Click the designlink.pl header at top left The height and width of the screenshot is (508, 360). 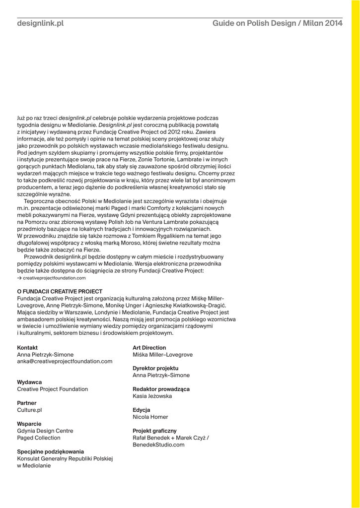click(x=40, y=23)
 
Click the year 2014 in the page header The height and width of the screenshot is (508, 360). click(x=334, y=23)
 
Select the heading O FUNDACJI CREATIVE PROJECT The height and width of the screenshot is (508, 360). click(x=60, y=291)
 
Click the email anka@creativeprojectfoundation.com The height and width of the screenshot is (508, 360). click(x=65, y=362)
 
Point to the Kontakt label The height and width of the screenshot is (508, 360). click(x=27, y=348)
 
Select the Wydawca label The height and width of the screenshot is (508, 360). click(x=29, y=382)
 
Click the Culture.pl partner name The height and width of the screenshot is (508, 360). click(x=29, y=410)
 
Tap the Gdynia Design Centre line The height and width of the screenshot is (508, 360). click(x=45, y=431)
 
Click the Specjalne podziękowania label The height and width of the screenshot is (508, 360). click(x=51, y=452)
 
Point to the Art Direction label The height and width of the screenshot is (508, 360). click(x=149, y=348)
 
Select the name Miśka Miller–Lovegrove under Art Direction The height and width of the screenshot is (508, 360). click(x=163, y=355)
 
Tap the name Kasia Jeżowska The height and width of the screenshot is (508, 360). click(x=152, y=396)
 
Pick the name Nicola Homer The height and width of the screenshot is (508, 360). click(x=150, y=417)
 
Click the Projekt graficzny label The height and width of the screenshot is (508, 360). click(x=154, y=431)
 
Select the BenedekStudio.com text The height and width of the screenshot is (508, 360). click(x=159, y=445)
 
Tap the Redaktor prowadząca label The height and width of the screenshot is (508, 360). click(x=161, y=389)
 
